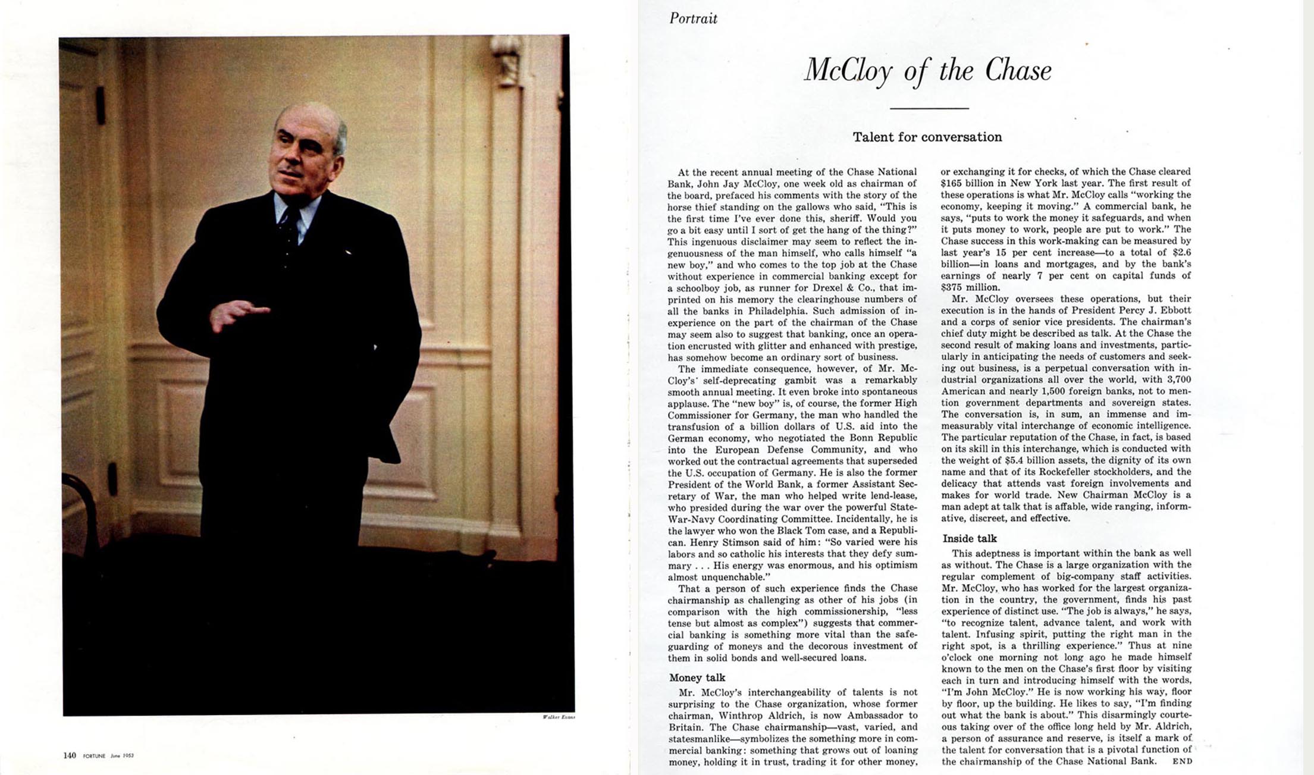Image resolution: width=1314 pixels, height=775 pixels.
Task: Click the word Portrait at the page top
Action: coord(693,18)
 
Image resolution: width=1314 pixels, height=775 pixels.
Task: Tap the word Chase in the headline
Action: coord(1018,70)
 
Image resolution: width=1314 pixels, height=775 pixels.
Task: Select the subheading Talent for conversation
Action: coord(927,137)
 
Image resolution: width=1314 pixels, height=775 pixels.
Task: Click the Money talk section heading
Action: coord(697,677)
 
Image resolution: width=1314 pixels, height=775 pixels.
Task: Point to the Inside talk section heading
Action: coord(969,539)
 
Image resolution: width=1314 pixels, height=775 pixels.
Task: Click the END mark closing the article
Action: coord(1182,761)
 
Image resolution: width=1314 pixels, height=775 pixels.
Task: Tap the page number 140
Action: coord(70,755)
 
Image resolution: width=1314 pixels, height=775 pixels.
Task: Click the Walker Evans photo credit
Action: coord(559,717)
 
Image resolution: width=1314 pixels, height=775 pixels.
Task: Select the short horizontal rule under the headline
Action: coord(929,108)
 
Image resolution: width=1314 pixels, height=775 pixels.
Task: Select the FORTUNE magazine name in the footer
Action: coord(94,756)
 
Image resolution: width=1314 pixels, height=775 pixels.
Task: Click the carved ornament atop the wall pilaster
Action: coord(506,59)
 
